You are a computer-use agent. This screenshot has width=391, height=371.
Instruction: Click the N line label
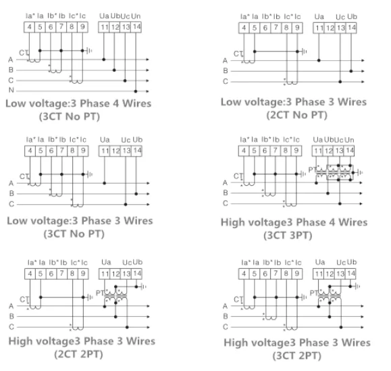[x=11, y=90]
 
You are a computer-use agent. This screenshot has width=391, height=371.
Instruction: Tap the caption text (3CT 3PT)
[x=288, y=235]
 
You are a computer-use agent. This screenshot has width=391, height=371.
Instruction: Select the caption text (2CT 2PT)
[x=78, y=354]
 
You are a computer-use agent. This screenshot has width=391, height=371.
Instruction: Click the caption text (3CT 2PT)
[x=296, y=355]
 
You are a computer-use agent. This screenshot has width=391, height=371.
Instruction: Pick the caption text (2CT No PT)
[x=296, y=115]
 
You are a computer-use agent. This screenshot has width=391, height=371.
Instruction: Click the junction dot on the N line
[x=136, y=91]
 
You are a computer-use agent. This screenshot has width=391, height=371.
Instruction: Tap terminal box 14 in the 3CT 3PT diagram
[x=349, y=151]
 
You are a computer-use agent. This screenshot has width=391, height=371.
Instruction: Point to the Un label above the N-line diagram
[x=136, y=16]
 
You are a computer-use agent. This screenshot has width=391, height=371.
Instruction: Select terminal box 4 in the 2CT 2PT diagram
[x=30, y=274]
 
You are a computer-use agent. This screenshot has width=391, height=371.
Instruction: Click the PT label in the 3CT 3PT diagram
[x=312, y=170]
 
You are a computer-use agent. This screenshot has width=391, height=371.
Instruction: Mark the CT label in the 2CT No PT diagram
[x=238, y=53]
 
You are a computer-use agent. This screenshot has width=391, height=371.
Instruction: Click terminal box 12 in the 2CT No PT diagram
[x=330, y=28]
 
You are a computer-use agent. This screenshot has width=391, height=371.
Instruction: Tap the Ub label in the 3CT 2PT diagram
[x=352, y=262]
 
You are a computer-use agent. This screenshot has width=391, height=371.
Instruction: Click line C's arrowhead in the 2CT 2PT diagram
[x=148, y=327]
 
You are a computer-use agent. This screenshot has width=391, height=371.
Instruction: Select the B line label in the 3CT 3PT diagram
[x=226, y=193]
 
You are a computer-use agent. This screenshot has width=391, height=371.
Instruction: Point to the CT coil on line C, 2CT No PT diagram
[x=292, y=82]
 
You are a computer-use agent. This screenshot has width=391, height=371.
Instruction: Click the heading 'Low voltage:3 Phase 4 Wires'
[x=78, y=103]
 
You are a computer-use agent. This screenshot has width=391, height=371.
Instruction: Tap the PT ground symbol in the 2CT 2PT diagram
[x=143, y=287]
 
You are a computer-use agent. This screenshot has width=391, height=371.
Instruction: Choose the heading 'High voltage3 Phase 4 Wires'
[x=294, y=222]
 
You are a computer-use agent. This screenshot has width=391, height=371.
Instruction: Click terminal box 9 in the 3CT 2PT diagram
[x=296, y=274]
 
